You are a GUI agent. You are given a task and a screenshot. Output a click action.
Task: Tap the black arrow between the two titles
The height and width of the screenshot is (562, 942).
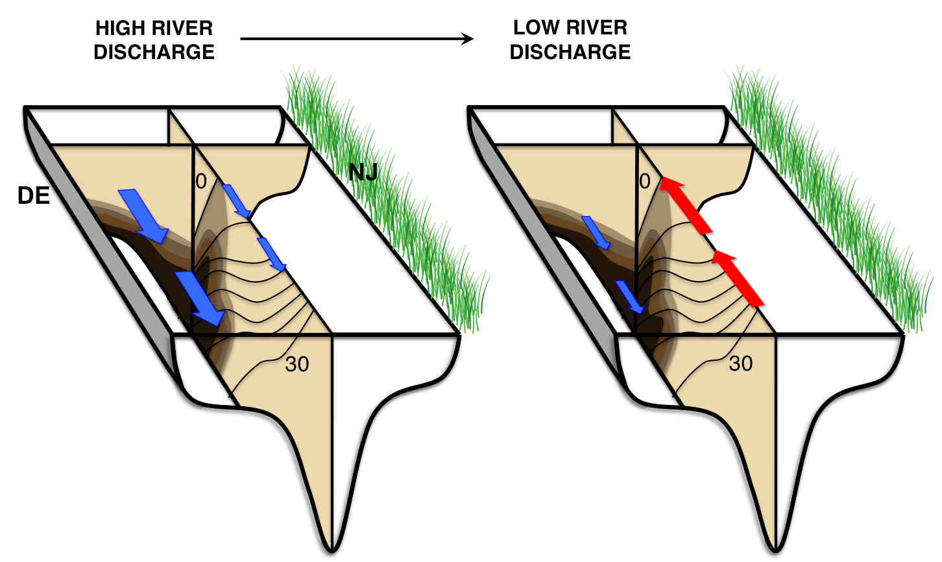click(357, 39)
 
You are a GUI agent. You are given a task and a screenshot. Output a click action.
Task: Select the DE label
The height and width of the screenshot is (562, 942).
click(34, 196)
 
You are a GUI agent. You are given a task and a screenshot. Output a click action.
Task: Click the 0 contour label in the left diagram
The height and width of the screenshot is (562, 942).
click(201, 181)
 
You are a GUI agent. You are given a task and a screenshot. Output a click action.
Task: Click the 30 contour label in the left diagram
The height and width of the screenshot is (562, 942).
click(297, 365)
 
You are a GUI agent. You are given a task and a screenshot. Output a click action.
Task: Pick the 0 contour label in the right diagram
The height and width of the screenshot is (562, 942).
click(644, 181)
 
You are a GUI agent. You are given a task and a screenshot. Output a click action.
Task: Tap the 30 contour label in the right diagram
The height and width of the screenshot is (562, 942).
click(740, 363)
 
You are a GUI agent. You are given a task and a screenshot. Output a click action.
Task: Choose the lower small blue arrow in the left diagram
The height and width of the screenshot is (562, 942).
click(272, 254)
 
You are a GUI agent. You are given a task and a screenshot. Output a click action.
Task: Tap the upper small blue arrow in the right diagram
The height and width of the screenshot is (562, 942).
click(596, 232)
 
